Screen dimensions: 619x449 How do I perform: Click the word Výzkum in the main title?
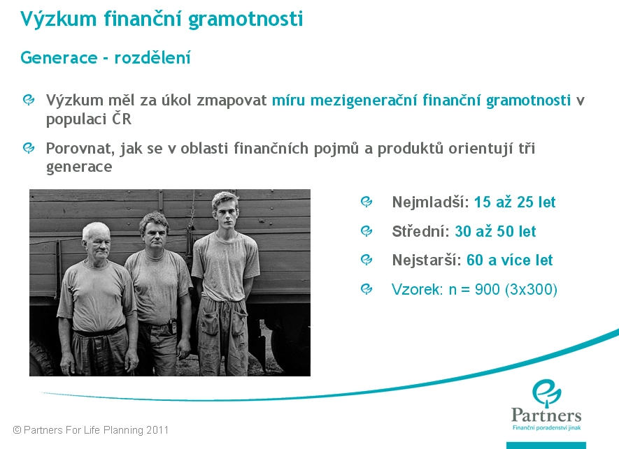(x=59, y=19)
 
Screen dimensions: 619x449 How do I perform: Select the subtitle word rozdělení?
(x=152, y=57)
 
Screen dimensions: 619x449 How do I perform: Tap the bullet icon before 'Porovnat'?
(x=29, y=148)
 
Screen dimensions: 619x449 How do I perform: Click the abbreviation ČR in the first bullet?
(x=121, y=119)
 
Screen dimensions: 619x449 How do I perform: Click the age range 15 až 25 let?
(x=514, y=203)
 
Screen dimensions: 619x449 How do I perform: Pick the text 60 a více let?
(x=509, y=260)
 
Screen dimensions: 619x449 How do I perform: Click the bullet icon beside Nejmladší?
(x=367, y=202)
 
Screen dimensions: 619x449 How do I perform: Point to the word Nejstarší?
(x=427, y=260)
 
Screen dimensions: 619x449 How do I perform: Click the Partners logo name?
(x=546, y=415)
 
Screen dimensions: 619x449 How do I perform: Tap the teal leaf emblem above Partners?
(x=547, y=392)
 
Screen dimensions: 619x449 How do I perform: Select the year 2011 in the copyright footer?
(x=157, y=429)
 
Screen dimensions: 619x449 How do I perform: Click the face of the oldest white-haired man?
(x=97, y=244)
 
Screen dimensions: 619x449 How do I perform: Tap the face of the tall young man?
(x=226, y=213)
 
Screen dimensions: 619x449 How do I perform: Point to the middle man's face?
(x=155, y=235)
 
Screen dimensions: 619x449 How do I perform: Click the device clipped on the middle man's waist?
(x=172, y=327)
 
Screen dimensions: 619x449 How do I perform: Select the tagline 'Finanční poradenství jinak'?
(x=546, y=428)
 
